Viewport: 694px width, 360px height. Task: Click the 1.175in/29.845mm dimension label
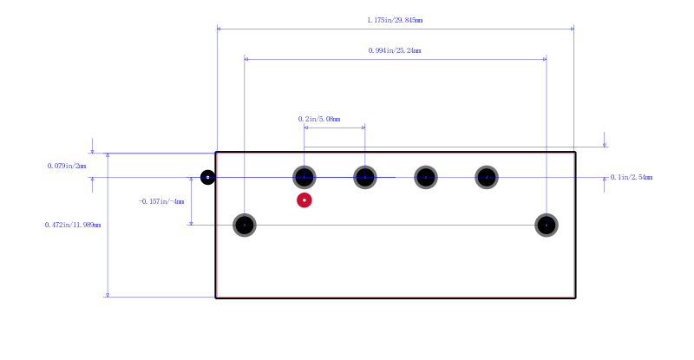pyautogui.click(x=395, y=20)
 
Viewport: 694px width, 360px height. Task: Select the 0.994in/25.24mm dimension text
pyautogui.click(x=395, y=50)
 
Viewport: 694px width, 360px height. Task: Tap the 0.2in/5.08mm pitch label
pyautogui.click(x=319, y=119)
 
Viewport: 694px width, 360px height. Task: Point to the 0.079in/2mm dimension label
pyautogui.click(x=67, y=166)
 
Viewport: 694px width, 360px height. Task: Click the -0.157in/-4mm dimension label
pyautogui.click(x=161, y=201)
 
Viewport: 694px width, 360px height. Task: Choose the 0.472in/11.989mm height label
pyautogui.click(x=73, y=225)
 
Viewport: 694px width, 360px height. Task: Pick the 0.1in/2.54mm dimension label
pyautogui.click(x=632, y=177)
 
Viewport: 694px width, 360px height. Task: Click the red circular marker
pyautogui.click(x=304, y=200)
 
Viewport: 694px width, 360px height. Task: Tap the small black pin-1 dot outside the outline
pyautogui.click(x=207, y=177)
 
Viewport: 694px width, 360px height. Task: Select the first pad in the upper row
pyautogui.click(x=304, y=177)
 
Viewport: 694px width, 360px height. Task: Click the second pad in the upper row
pyautogui.click(x=364, y=177)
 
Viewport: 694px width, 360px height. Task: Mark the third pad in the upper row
pyautogui.click(x=426, y=177)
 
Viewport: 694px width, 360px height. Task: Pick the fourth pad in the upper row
pyautogui.click(x=487, y=177)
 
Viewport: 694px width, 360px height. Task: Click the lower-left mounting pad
pyautogui.click(x=245, y=225)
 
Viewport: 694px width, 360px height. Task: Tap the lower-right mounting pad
pyautogui.click(x=547, y=225)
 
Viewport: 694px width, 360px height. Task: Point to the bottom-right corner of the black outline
pyautogui.click(x=575, y=298)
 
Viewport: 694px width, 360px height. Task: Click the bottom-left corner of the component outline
pyautogui.click(x=216, y=298)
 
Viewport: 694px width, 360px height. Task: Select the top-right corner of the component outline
pyautogui.click(x=575, y=153)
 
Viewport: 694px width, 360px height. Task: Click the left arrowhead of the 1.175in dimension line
pyautogui.click(x=219, y=29)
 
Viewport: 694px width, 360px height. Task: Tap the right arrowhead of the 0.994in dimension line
pyautogui.click(x=545, y=59)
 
